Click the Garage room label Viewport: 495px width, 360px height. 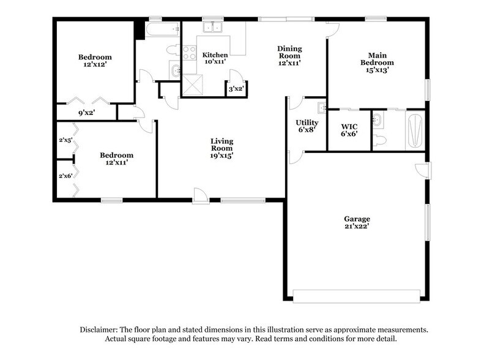click(357, 219)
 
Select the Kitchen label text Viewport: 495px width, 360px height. click(215, 55)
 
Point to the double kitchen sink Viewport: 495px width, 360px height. click(213, 28)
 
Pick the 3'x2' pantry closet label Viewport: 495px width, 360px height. click(236, 89)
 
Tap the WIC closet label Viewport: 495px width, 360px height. click(349, 126)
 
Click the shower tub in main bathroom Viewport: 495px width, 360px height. click(414, 130)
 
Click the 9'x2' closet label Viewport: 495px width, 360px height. click(86, 113)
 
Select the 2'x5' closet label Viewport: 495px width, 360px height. click(65, 140)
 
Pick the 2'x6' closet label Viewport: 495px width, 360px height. click(65, 176)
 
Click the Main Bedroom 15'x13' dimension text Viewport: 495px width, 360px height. click(377, 70)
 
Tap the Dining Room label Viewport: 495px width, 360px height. click(289, 48)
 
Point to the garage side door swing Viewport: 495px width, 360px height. click(421, 170)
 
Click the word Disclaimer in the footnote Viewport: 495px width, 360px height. click(100, 329)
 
